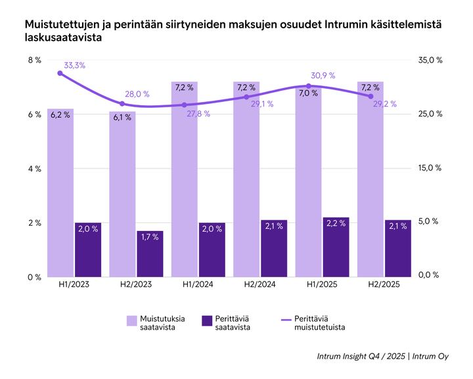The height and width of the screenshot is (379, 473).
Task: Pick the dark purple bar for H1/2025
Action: click(x=336, y=247)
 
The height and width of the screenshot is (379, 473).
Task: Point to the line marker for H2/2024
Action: click(x=247, y=97)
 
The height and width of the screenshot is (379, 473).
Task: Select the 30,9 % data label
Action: click(x=323, y=75)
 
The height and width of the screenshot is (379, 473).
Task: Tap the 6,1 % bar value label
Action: click(x=122, y=117)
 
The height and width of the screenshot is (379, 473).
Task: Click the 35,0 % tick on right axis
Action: click(x=430, y=60)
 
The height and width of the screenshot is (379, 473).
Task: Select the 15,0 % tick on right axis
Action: click(x=430, y=168)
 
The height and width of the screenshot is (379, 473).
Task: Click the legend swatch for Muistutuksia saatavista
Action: click(x=132, y=320)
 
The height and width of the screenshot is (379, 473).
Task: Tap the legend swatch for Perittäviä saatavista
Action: click(x=207, y=320)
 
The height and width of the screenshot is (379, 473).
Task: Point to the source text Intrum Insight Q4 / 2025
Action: click(x=360, y=357)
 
